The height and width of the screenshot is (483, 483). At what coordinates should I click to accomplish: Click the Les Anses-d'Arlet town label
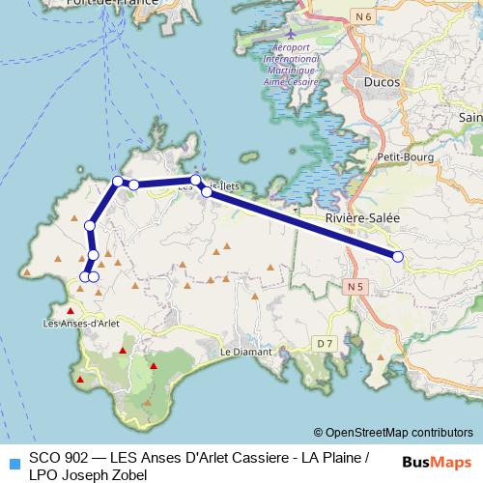(82, 323)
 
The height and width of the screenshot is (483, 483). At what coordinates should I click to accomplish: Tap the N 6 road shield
(363, 16)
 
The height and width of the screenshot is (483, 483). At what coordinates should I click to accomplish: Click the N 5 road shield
(355, 287)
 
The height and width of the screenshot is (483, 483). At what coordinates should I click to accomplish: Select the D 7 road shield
(324, 343)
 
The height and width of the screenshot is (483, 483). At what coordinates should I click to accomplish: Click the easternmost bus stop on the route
(397, 256)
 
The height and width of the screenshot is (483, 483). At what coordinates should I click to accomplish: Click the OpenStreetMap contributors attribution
(399, 433)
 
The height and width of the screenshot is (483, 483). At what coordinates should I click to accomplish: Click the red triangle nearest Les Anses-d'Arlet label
(69, 310)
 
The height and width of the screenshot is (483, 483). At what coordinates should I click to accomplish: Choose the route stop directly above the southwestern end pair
(93, 255)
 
